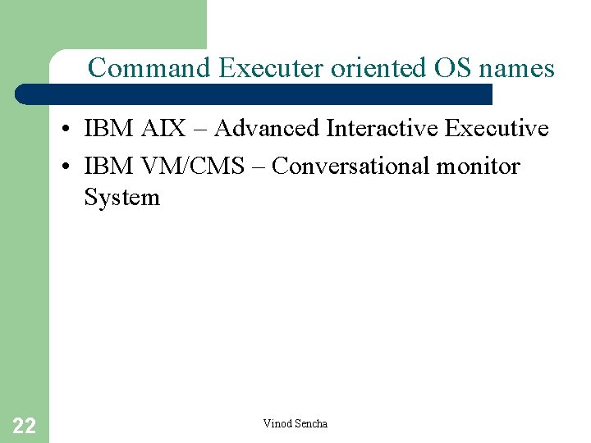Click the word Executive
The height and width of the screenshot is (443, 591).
click(x=497, y=128)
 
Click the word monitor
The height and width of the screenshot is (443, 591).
click(x=479, y=166)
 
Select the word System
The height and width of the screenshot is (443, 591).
click(x=121, y=198)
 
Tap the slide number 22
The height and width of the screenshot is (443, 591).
click(x=24, y=425)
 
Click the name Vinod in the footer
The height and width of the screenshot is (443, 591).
click(x=276, y=423)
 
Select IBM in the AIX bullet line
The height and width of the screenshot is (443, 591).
click(x=108, y=128)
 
